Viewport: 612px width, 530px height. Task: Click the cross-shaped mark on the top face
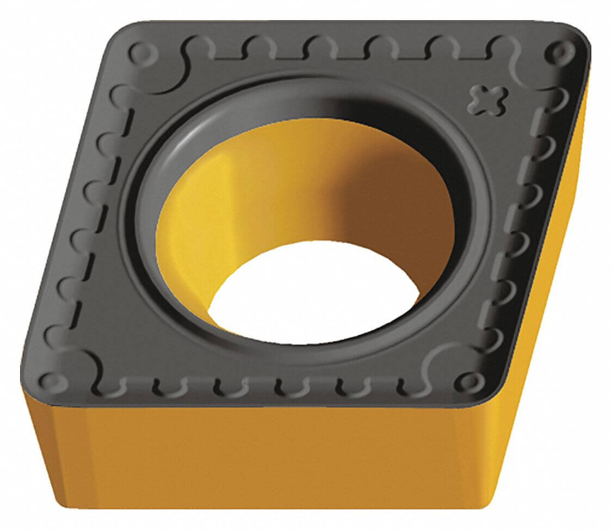[487, 100]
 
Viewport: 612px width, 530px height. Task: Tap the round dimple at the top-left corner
[143, 53]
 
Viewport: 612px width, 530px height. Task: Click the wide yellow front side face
[261, 457]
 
